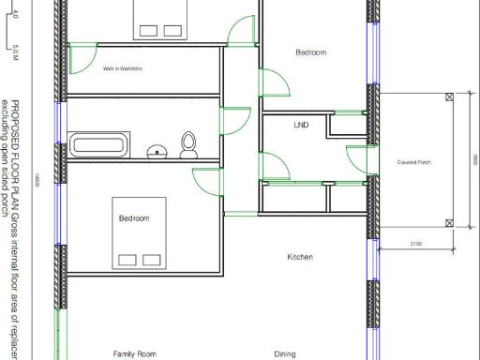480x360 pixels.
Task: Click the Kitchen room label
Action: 300,257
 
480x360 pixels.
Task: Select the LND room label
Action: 301,125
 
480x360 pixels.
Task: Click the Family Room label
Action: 134,354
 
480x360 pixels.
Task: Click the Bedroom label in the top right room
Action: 311,53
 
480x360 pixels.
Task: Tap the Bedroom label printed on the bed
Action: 134,218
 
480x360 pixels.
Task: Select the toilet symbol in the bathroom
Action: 188,143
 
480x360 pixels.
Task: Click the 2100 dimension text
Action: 415,244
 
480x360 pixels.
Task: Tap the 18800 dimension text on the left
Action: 37,180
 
